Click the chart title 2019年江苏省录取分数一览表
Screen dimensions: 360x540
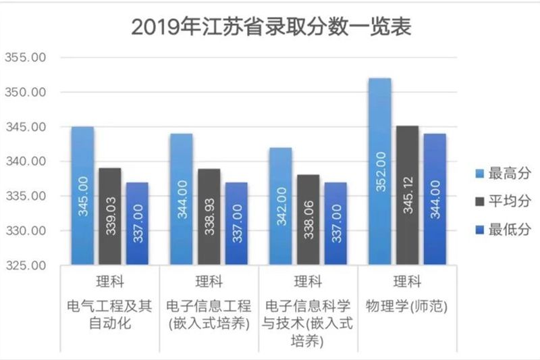pyautogui.click(x=270, y=27)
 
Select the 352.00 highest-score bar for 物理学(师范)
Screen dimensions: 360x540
pyautogui.click(x=380, y=172)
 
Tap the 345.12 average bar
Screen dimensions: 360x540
pyautogui.click(x=407, y=196)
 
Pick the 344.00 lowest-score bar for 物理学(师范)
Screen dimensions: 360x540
pyautogui.click(x=435, y=199)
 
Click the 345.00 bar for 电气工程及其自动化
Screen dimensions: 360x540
pyautogui.click(x=82, y=196)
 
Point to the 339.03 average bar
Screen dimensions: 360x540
pyautogui.click(x=110, y=216)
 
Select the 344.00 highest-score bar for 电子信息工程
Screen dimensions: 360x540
pyautogui.click(x=182, y=199)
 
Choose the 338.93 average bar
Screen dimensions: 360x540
pyautogui.click(x=209, y=216)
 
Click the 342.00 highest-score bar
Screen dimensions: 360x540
pyautogui.click(x=281, y=206)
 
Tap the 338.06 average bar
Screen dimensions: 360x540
pyautogui.click(x=308, y=220)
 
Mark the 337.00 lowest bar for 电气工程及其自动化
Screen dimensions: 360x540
pyautogui.click(x=137, y=223)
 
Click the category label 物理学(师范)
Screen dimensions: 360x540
pyautogui.click(x=407, y=305)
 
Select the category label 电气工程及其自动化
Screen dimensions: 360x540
pyautogui.click(x=110, y=314)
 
